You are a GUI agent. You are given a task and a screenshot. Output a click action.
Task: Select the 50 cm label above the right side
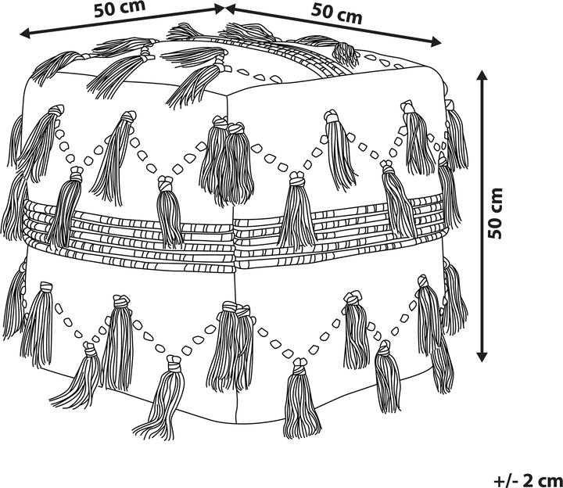coord(337,13)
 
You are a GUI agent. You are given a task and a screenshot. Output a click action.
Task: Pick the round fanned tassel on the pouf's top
coord(344,54)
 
